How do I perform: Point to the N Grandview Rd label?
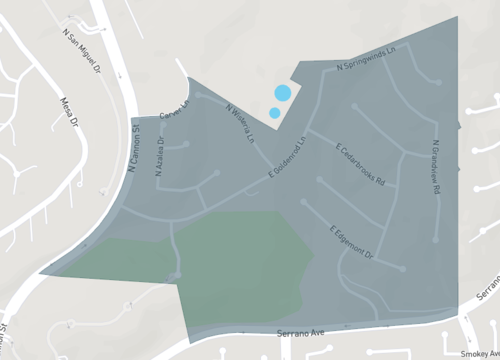(x=437, y=164)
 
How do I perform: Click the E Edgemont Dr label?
(x=351, y=242)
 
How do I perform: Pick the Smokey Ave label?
(x=479, y=353)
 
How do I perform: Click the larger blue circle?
(x=282, y=94)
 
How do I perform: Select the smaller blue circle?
(x=274, y=112)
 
